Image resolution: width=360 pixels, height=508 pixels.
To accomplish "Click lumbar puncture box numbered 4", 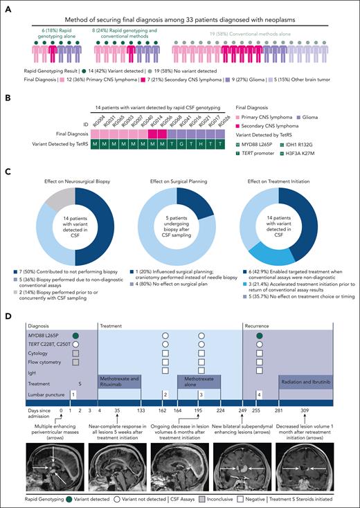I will pyautogui.click(x=259, y=393).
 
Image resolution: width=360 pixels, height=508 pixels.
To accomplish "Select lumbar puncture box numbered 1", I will pyautogui.click(x=73, y=393).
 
